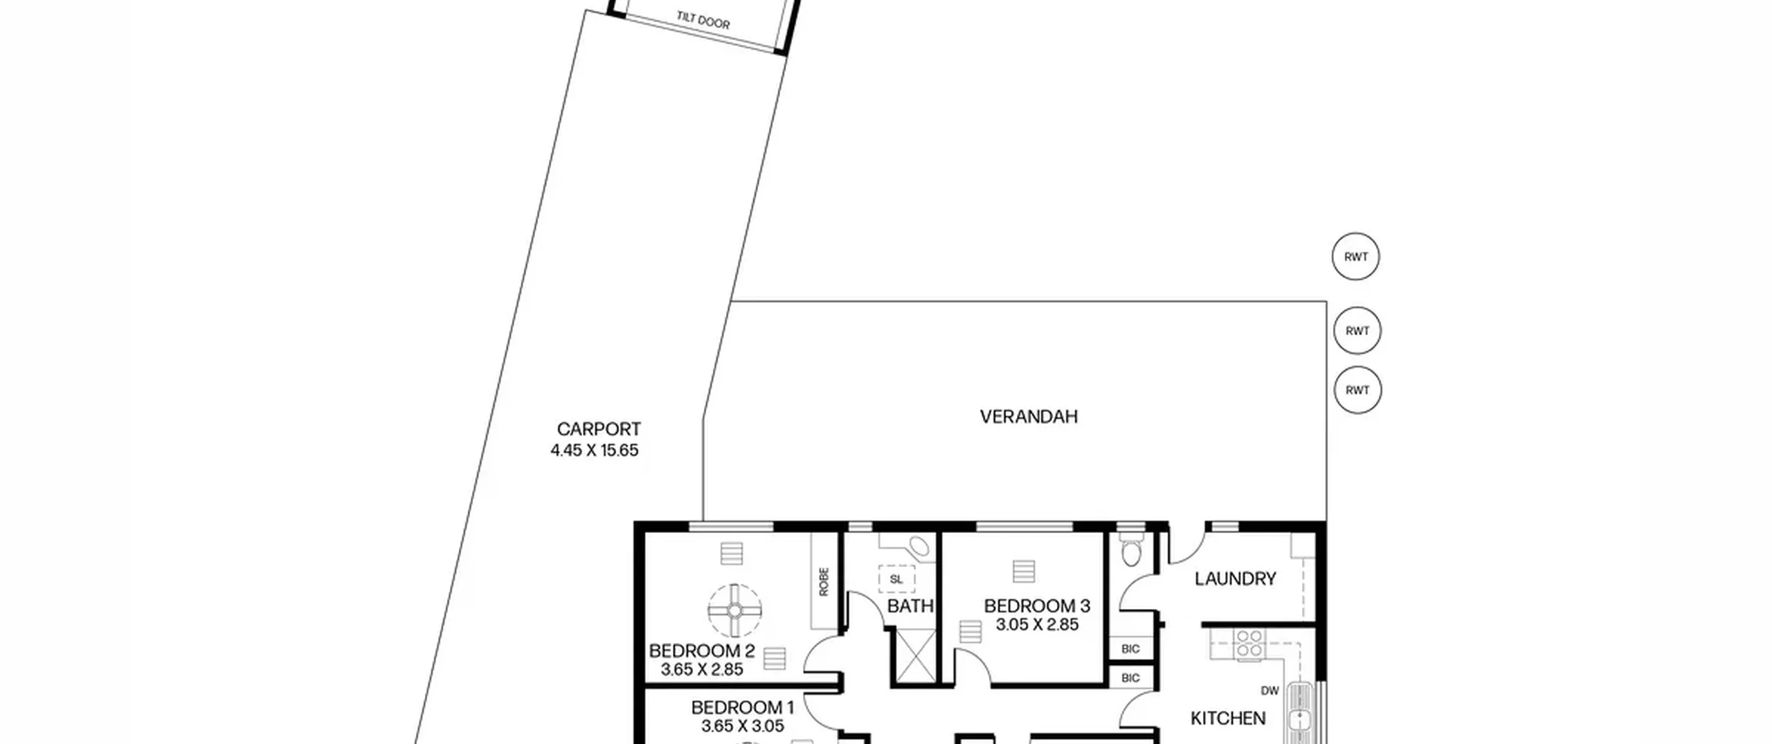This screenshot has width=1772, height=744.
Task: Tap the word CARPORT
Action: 599,429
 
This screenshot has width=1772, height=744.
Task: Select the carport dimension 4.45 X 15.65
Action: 595,451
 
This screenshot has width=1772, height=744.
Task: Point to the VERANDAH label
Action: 1029,417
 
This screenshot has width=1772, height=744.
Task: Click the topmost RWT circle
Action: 1355,257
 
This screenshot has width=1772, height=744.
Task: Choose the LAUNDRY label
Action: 1235,579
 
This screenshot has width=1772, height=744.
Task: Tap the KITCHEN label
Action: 1228,718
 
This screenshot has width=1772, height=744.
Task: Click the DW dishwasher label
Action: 1269,691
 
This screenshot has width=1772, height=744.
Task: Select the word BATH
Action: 910,606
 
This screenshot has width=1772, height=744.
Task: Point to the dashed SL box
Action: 896,579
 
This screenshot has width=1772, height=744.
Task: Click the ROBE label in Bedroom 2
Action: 824,581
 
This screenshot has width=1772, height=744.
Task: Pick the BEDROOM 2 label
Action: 702,651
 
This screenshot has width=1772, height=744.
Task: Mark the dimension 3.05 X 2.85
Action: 1037,625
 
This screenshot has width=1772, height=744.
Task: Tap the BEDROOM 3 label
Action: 1037,606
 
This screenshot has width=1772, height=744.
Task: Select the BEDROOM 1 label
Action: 742,708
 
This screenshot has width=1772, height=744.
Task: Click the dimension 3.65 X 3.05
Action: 742,726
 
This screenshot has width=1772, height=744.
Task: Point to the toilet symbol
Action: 1131,547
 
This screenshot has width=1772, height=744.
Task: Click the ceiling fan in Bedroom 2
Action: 734,610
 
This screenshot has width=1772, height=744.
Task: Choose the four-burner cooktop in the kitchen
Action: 1250,643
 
